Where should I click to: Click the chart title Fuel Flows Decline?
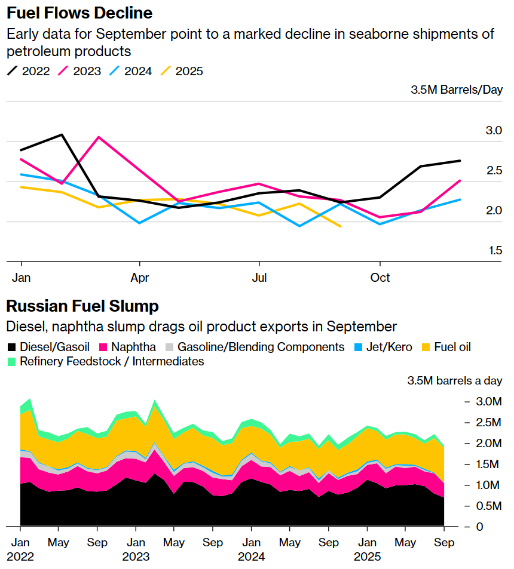click(x=79, y=13)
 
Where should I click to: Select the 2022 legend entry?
click(x=29, y=71)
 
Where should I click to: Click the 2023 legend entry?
click(x=79, y=71)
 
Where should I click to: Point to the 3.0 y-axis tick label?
click(x=493, y=130)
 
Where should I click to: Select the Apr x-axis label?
click(x=140, y=278)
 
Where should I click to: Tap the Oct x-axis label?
click(x=380, y=278)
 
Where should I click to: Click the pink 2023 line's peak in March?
click(x=99, y=137)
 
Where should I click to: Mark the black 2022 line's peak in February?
click(x=62, y=135)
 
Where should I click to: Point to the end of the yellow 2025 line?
click(x=340, y=226)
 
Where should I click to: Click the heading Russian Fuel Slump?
click(x=82, y=306)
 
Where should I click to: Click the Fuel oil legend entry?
click(x=445, y=347)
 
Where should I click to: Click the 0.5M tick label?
click(x=485, y=506)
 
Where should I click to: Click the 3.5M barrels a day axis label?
click(x=455, y=380)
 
